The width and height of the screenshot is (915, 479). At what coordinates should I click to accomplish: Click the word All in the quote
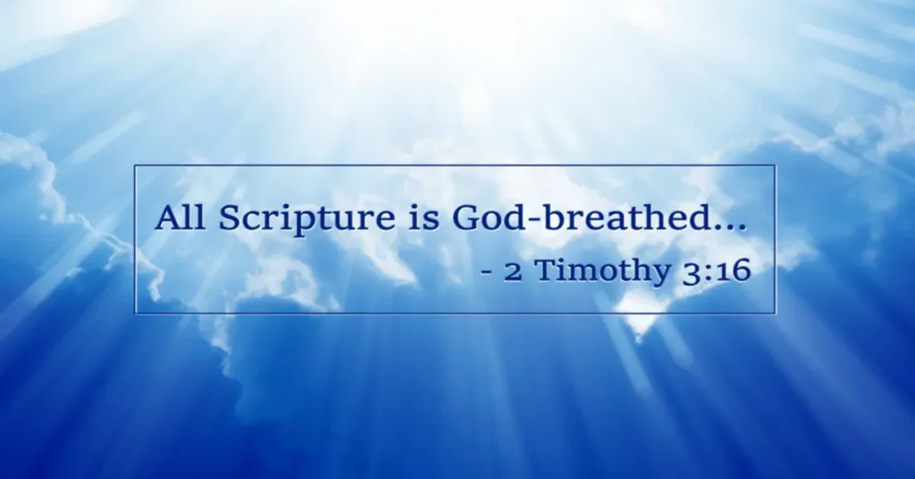pos(180,217)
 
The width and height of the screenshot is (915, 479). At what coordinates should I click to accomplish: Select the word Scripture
pos(306,220)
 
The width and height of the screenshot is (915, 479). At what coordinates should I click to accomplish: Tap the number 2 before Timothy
pos(512,272)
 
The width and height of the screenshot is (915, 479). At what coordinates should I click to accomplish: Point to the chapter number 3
pos(692,273)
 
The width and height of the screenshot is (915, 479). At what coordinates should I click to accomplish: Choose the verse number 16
pos(734,271)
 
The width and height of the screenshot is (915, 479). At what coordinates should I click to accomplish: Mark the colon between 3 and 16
pos(709,273)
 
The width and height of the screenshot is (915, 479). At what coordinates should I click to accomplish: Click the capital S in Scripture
pos(230,217)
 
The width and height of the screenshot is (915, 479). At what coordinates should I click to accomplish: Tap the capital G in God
pos(464,217)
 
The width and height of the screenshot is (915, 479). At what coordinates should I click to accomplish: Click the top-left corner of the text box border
pos(136,165)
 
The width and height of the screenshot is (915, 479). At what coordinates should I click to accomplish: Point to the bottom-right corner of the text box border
pos(775,314)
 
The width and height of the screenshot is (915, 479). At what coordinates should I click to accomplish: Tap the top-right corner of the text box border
pos(775,165)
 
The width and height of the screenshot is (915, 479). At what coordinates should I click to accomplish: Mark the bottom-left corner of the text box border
pos(136,314)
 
